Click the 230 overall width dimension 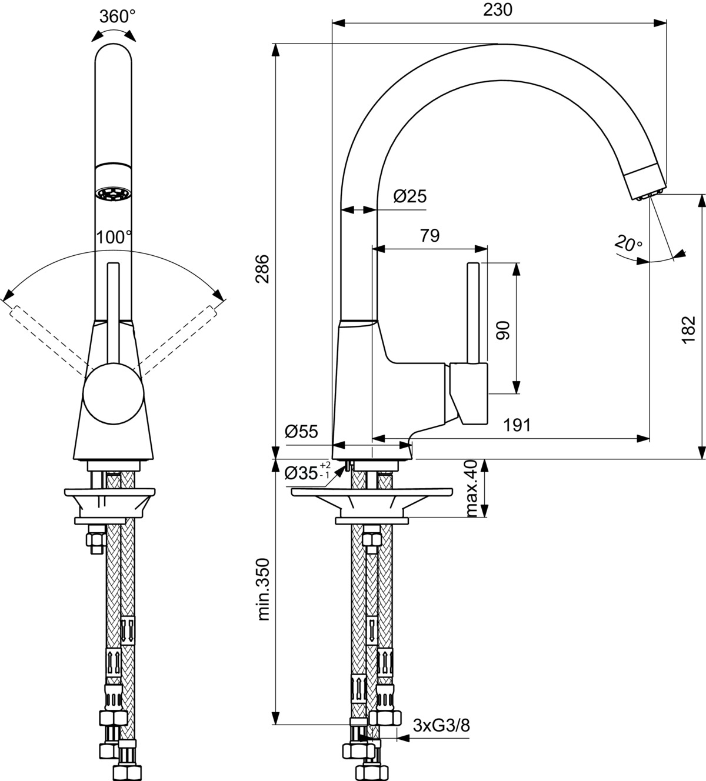498,10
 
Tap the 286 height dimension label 262,269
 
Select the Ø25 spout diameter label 410,196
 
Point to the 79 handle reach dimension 429,236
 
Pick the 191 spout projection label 517,426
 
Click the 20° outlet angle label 628,243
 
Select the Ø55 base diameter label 301,432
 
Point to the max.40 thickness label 472,488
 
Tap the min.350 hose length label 264,589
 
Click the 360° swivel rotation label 117,16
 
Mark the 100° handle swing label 114,237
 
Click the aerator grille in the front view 113,194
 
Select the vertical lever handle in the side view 473,313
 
